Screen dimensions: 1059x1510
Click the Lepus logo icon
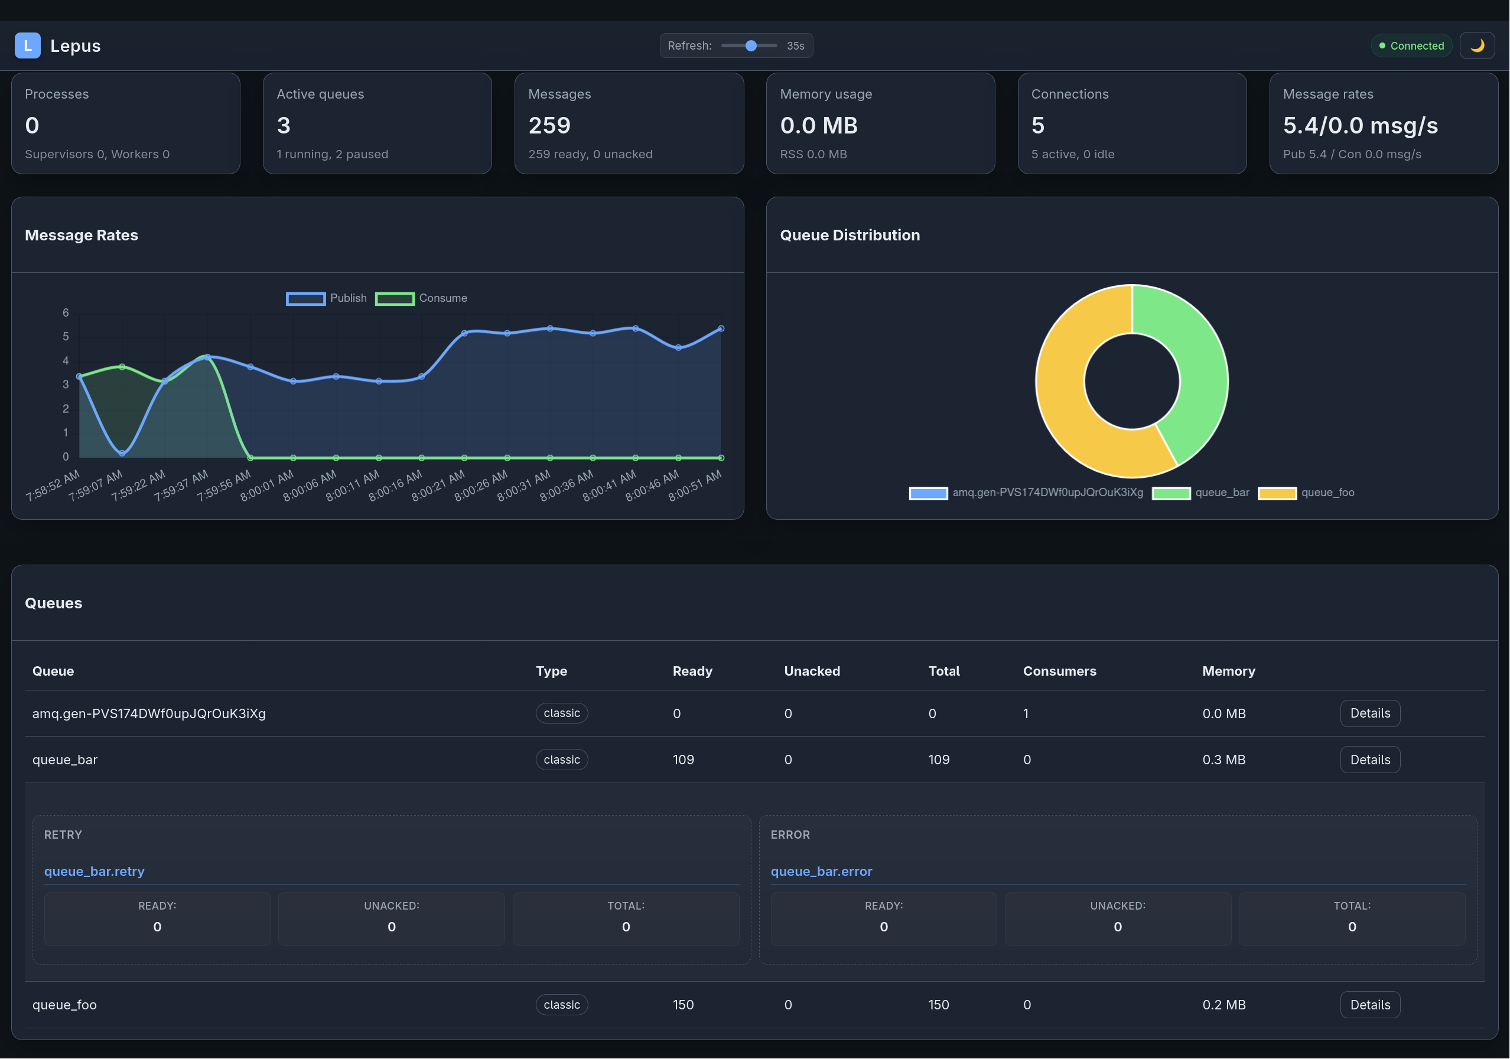pos(28,45)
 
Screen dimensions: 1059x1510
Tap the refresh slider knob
pos(751,45)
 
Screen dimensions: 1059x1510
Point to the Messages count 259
pos(549,126)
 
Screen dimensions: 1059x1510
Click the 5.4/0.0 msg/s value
pos(1360,126)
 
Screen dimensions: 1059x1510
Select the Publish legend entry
pos(326,298)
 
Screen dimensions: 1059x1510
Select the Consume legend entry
pos(421,298)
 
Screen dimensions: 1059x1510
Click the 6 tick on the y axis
pos(66,313)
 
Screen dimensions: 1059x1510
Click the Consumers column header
pos(1059,671)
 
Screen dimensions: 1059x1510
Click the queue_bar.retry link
pos(94,872)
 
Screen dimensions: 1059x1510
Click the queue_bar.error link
pos(821,872)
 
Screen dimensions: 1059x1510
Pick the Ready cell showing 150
pos(683,1005)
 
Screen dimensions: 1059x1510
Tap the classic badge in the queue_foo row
pos(562,1005)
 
